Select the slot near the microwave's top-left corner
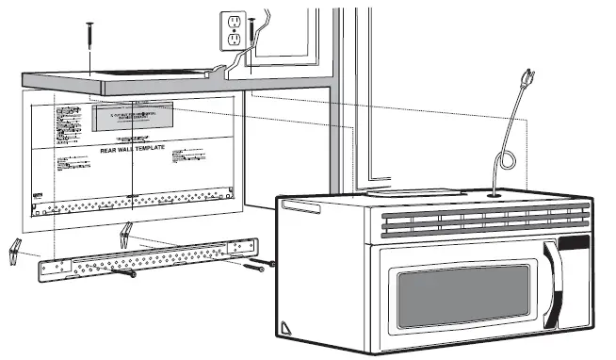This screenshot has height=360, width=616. [x=295, y=205]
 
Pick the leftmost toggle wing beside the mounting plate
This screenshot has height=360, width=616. [x=14, y=249]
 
